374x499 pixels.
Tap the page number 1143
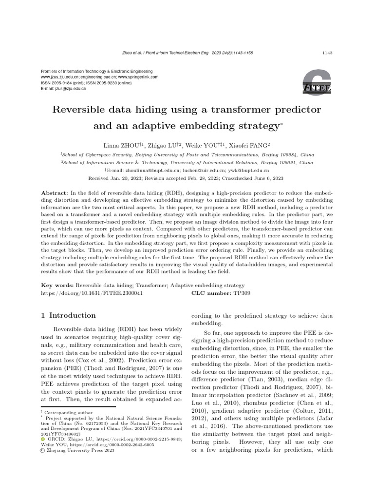328,53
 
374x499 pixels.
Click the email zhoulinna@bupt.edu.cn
150,171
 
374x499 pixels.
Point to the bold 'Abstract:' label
55,193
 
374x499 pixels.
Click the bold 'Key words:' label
57,285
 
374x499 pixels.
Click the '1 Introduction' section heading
68,315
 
